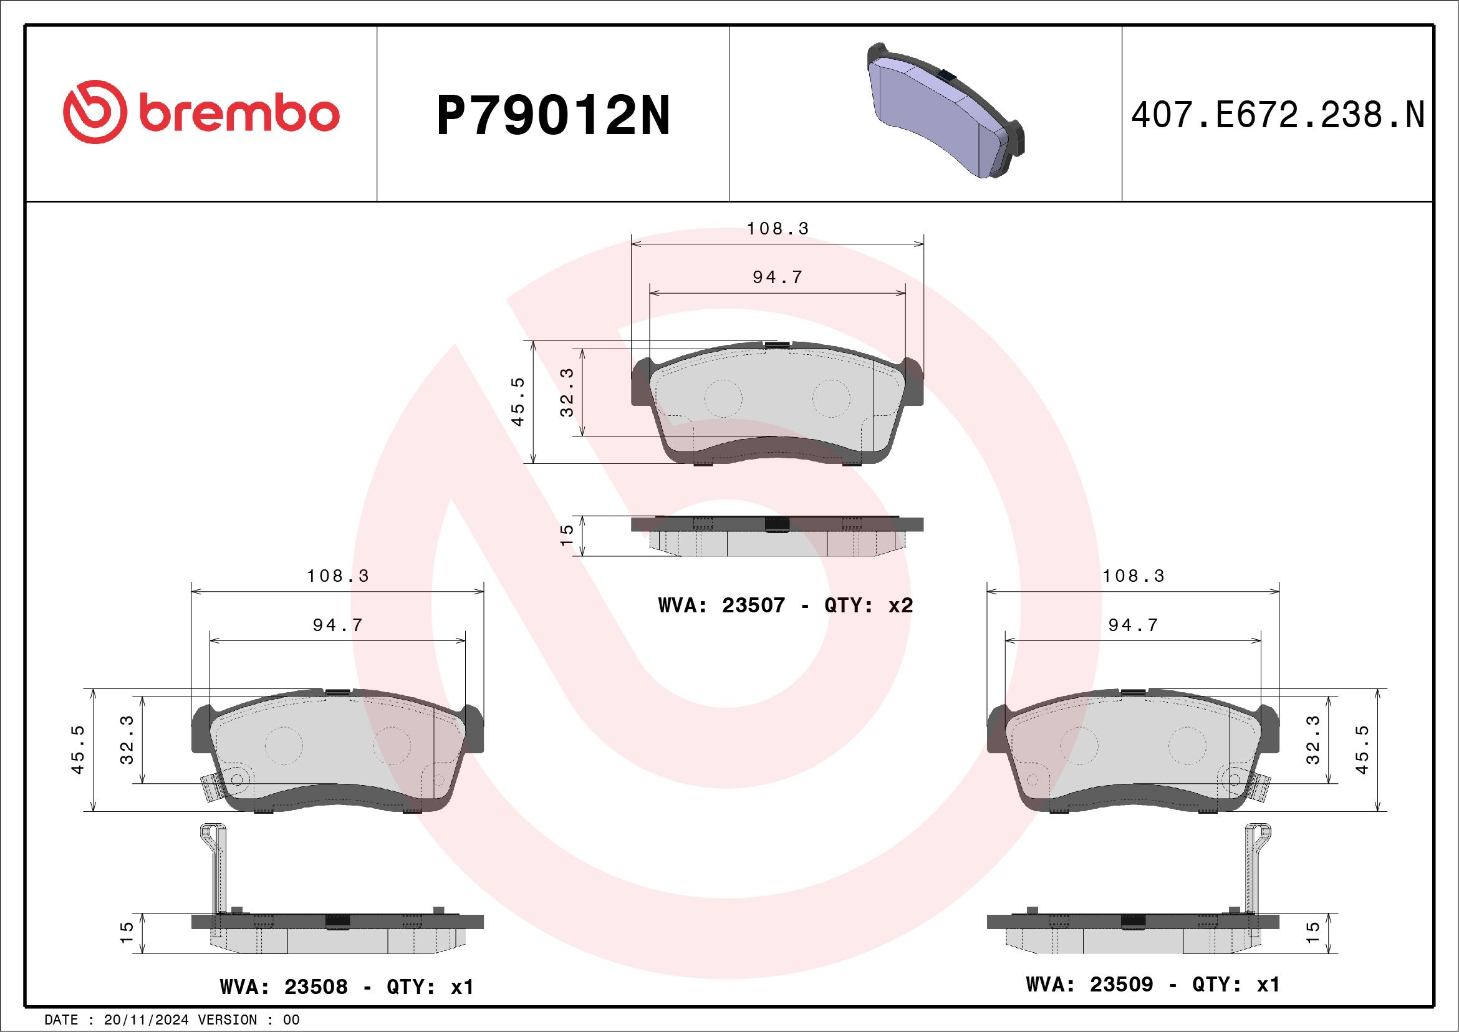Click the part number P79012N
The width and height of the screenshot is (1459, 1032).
(x=553, y=115)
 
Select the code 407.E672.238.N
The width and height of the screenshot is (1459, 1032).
(x=1278, y=115)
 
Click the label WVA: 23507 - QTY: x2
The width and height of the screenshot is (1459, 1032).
(x=786, y=605)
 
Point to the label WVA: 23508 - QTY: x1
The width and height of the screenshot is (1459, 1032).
(x=347, y=986)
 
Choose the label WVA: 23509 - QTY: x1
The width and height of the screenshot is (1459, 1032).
(x=1152, y=984)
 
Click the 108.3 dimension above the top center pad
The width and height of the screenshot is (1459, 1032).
(x=777, y=229)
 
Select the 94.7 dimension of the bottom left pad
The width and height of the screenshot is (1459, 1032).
(x=337, y=625)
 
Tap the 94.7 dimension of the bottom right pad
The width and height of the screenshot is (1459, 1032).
(x=1133, y=625)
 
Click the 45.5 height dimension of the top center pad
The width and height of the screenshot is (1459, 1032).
(x=518, y=402)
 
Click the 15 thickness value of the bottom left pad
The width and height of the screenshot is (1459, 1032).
(x=127, y=933)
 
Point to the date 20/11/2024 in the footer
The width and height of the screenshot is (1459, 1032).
(x=146, y=1020)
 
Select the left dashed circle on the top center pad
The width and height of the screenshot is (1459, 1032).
(x=723, y=398)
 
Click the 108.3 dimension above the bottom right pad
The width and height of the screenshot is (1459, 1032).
(x=1133, y=576)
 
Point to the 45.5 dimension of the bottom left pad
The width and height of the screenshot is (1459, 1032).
(x=77, y=750)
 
